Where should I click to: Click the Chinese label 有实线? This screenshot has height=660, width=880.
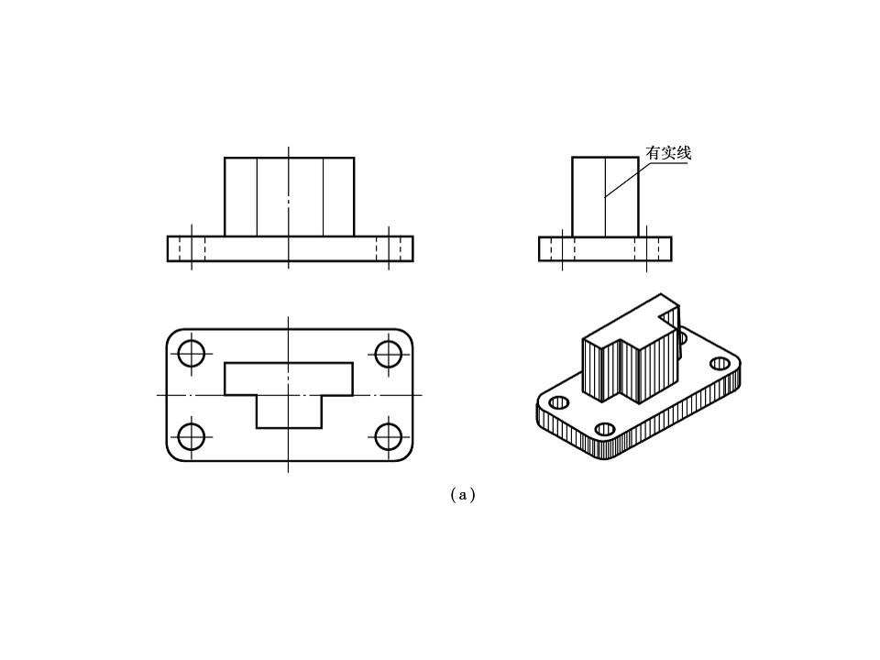coord(668,153)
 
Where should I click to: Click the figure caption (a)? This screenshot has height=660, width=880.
coord(463,495)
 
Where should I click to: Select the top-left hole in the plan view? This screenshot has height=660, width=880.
coord(192,354)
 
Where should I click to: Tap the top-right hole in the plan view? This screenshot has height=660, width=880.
coord(389,354)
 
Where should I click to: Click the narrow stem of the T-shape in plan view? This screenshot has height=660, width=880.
coord(289,412)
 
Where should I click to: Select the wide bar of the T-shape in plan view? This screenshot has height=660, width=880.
coord(289,379)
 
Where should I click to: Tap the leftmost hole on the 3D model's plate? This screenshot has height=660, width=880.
coord(559,402)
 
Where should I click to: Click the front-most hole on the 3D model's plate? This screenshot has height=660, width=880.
coord(605,429)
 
